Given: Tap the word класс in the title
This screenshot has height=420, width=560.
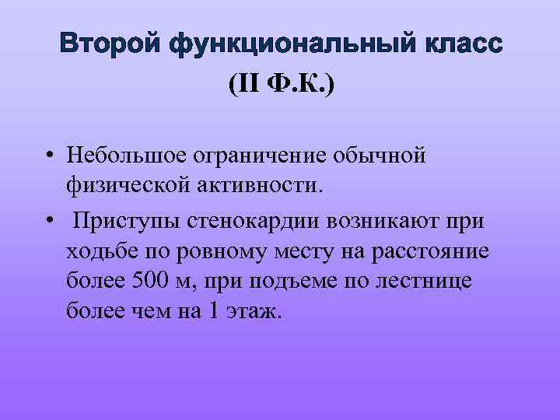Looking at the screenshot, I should pyautogui.click(x=460, y=44).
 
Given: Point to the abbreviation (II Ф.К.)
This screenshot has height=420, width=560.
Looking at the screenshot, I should pyautogui.click(x=281, y=83).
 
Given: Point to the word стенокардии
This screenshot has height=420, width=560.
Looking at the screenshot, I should pyautogui.click(x=250, y=221).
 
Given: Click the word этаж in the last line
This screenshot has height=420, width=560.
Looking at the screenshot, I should pyautogui.click(x=254, y=312).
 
